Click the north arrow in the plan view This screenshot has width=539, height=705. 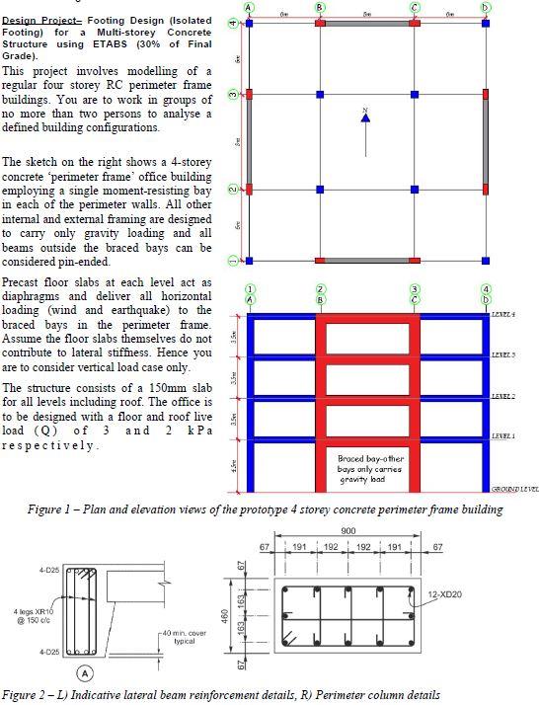[366, 117]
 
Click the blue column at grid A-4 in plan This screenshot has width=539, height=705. [250, 21]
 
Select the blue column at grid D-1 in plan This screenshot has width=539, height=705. [486, 261]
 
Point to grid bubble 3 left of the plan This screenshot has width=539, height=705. [232, 94]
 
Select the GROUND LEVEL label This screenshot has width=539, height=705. [513, 489]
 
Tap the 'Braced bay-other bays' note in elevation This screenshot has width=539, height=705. [367, 465]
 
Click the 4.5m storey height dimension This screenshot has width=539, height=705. [233, 462]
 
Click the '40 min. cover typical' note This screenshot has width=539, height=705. [184, 636]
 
